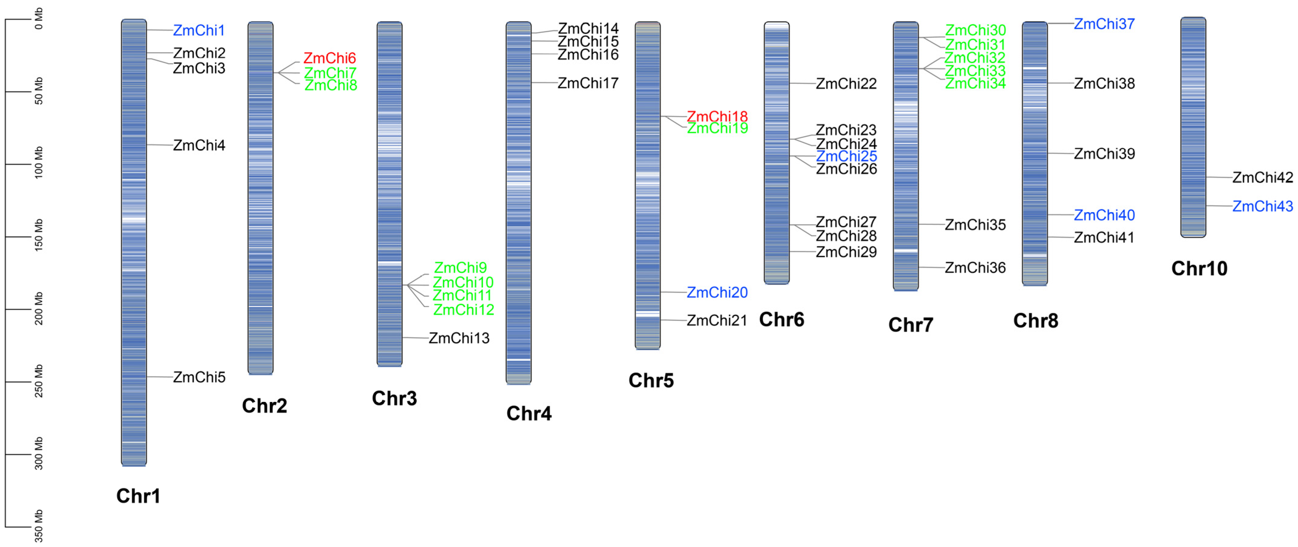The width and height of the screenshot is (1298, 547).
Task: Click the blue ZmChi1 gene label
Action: [x=199, y=30]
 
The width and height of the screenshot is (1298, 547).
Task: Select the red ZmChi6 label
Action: [x=330, y=58]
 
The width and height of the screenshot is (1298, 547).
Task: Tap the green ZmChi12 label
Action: [x=464, y=310]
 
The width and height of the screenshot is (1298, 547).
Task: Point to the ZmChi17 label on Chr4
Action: [x=588, y=83]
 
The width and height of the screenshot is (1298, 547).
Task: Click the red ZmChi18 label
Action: [x=717, y=116]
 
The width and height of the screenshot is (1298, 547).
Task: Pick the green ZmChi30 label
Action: [x=975, y=30]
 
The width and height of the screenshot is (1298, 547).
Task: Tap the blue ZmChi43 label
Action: [x=1263, y=206]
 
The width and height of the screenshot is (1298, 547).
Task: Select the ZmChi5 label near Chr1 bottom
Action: [x=199, y=377]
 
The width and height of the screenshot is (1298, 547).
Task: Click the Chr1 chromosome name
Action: [x=138, y=496]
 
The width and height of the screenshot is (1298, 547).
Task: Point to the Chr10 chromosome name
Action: [x=1199, y=269]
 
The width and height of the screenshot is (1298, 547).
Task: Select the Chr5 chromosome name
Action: [x=651, y=381]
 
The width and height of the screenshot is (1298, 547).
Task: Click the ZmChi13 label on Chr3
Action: [x=459, y=338]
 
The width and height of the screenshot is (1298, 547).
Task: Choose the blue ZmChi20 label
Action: [x=717, y=292]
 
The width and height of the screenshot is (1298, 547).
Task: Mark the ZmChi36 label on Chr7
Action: [x=975, y=268]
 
